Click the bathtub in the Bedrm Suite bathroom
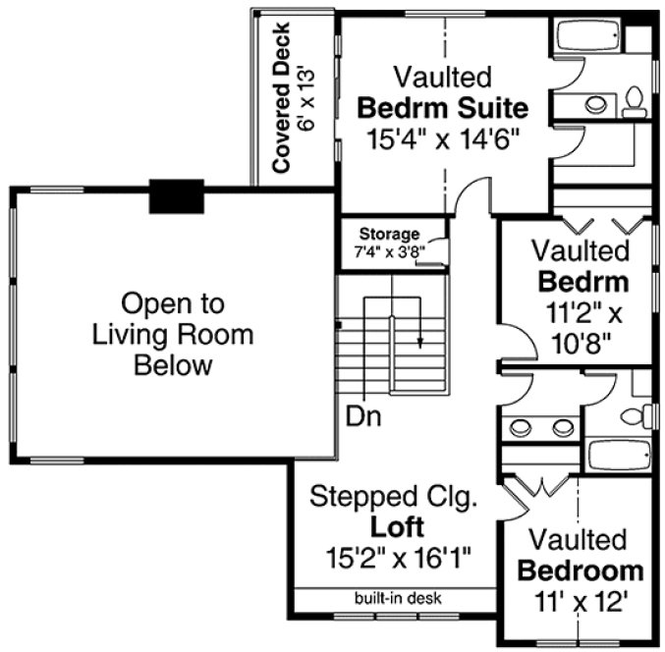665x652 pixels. point(587,37)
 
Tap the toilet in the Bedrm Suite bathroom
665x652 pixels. point(635,101)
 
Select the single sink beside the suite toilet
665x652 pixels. point(595,101)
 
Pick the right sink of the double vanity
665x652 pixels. point(562,426)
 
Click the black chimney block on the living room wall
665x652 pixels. point(176,196)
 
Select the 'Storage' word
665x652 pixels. point(389,234)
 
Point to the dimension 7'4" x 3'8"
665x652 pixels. point(389,250)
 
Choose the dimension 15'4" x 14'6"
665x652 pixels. point(442,138)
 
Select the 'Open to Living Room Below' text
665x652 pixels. point(173,334)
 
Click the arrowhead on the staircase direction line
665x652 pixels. point(420,344)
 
